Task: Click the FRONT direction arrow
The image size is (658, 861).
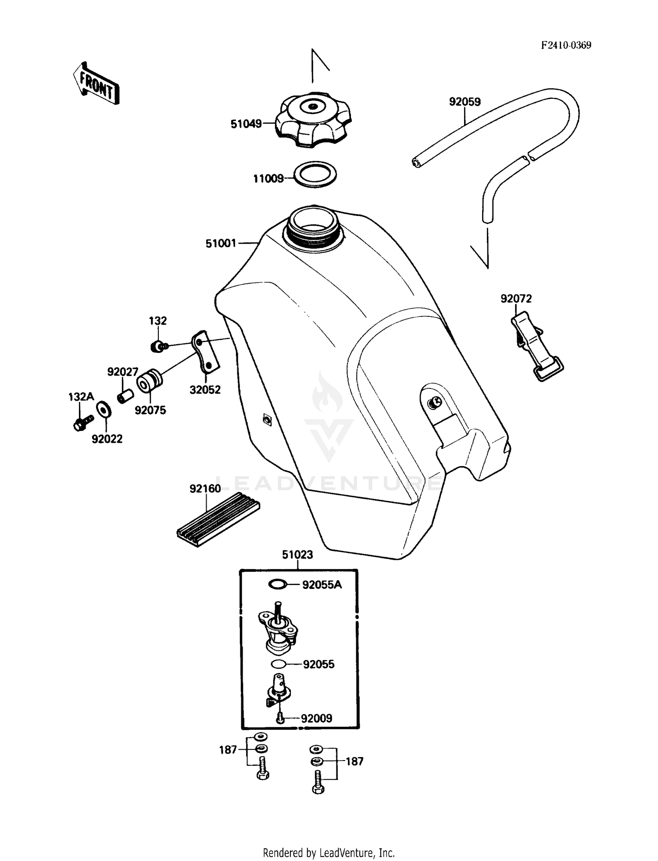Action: point(96,83)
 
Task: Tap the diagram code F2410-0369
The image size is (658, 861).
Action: point(565,45)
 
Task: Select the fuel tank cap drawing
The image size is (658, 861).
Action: point(314,119)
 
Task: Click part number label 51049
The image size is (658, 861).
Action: point(246,124)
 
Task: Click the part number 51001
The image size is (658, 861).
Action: point(221,243)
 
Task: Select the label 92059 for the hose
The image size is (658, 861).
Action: point(465,102)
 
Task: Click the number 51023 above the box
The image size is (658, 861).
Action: point(297,555)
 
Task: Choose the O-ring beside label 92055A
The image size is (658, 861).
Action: point(277,584)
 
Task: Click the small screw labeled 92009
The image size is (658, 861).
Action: point(280,718)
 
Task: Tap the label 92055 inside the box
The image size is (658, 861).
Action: point(318,664)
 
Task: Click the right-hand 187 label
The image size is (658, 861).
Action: point(354,761)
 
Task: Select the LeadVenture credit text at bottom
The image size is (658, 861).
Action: point(329,853)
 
